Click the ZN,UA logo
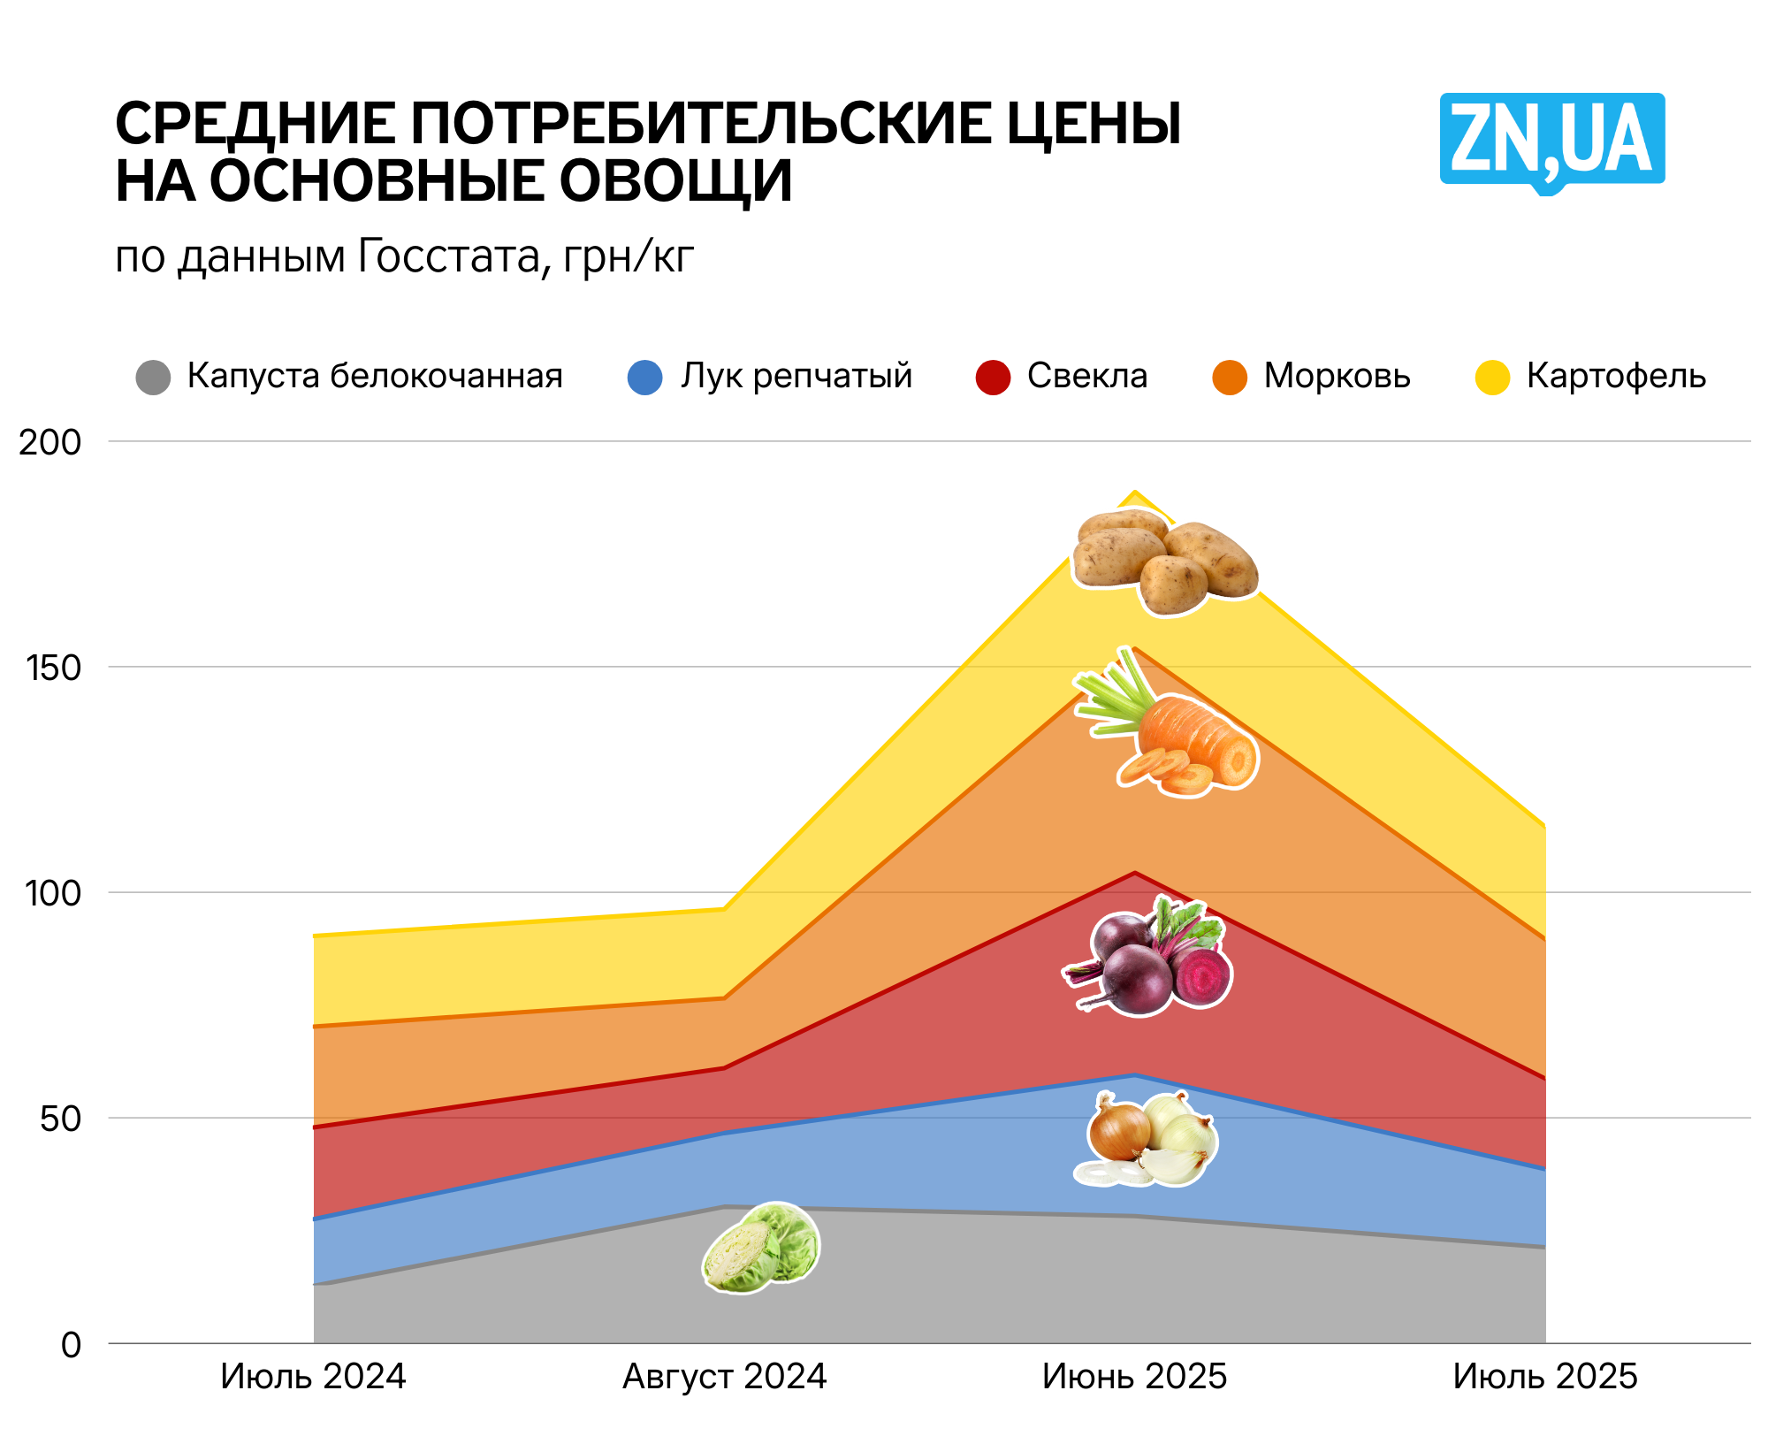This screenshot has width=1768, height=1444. (1551, 141)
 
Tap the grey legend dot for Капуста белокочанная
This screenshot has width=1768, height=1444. (153, 378)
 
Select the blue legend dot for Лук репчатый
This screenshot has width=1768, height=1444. (645, 378)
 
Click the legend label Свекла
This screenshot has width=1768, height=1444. (1086, 376)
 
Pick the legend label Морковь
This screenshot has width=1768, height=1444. (1337, 376)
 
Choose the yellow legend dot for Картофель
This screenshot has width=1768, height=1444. (1492, 378)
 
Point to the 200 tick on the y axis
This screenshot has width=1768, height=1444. (50, 442)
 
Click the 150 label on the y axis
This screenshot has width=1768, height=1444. (53, 668)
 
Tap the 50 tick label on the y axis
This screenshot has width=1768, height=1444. (60, 1119)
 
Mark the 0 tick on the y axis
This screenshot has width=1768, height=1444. (71, 1345)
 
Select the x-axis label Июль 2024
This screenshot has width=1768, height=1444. (313, 1377)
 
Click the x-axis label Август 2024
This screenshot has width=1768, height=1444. (724, 1377)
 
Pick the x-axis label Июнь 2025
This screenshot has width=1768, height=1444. (1134, 1377)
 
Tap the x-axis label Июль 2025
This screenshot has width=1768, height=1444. (1545, 1377)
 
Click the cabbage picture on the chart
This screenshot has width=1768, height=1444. (761, 1248)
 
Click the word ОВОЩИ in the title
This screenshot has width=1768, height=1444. (675, 182)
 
